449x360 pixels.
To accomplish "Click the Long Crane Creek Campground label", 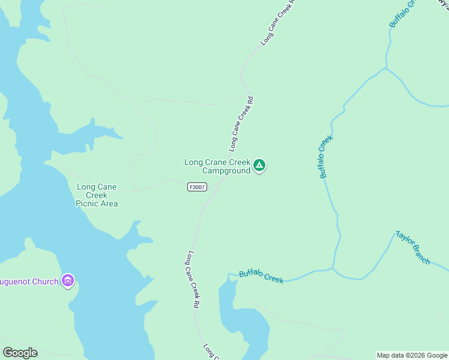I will coord(217,166).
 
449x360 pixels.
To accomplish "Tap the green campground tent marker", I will coord(259,165).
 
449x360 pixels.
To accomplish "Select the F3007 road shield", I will coord(196,187).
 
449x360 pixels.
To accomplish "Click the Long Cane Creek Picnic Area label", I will coord(97,195).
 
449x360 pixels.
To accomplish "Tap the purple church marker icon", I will coord(68,280).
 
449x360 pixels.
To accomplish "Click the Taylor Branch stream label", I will coord(413,248).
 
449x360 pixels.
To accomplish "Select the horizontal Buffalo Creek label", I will coord(261,277).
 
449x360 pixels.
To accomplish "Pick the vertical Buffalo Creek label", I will coord(326,157).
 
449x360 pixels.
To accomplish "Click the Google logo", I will coord(20,353).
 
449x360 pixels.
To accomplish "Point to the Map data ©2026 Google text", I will coord(412,355).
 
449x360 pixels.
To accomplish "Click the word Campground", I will coord(226,171).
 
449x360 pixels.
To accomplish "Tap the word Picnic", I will coord(88,203).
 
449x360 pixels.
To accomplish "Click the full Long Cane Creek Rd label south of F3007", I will coord(193,279).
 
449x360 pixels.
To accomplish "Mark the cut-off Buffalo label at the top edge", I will coord(402,13).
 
